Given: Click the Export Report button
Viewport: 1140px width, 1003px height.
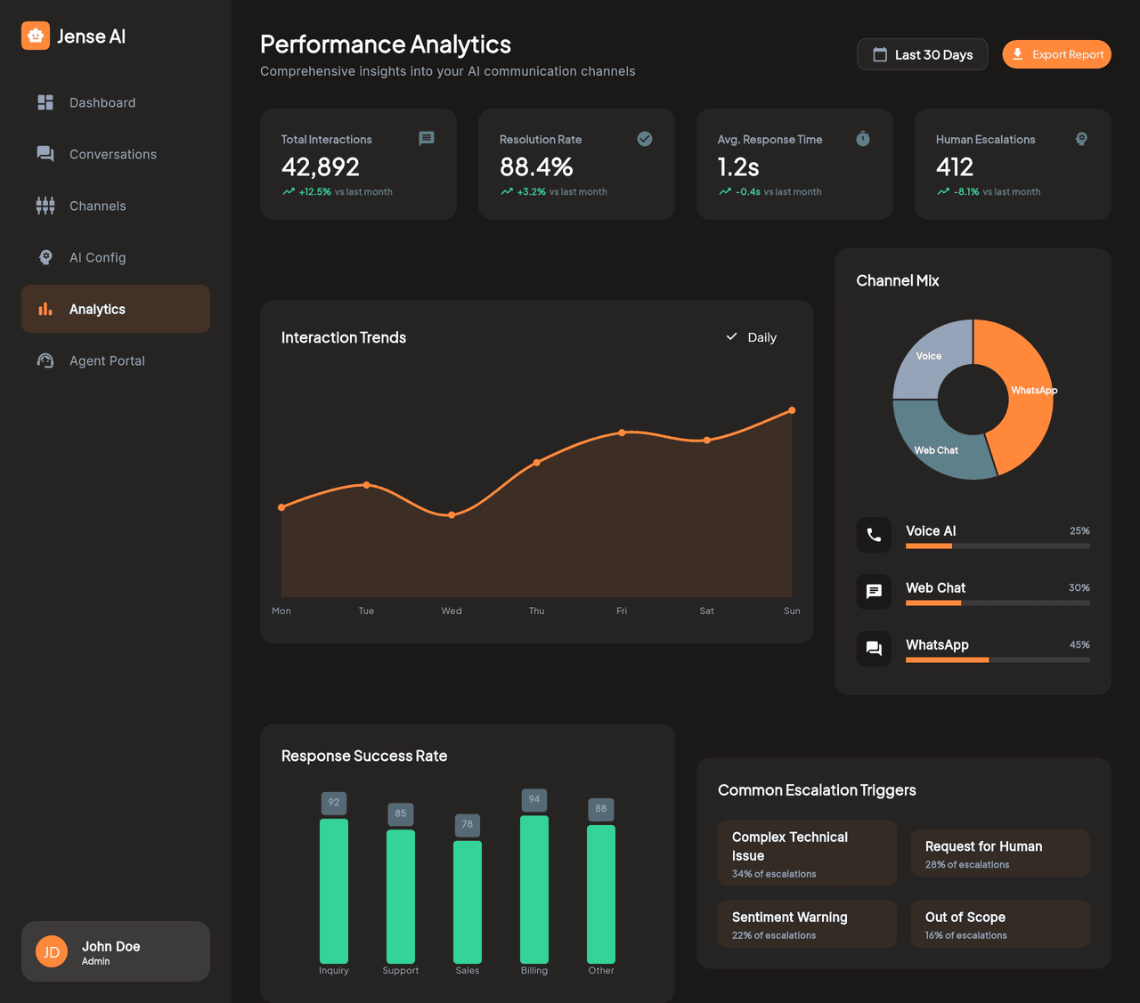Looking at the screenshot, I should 1056,54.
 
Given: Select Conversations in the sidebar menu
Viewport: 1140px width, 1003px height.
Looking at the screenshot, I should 113,154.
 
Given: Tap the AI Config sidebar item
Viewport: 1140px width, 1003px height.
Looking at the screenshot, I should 98,257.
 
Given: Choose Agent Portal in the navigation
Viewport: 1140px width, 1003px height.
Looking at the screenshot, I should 107,360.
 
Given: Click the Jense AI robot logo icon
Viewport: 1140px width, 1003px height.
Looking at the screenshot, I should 36,36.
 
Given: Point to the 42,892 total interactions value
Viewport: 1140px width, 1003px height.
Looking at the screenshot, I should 321,166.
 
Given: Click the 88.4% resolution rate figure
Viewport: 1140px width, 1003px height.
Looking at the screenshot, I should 536,166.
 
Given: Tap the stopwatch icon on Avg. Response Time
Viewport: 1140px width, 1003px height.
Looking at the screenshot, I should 862,139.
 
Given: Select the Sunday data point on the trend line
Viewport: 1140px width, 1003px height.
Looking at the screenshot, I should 792,410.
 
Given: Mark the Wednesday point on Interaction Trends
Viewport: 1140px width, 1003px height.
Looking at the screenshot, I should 452,514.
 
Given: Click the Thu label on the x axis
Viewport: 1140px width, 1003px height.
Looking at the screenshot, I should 536,611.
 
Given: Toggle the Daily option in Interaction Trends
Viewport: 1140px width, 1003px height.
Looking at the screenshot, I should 752,337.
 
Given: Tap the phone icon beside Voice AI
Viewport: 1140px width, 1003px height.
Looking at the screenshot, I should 874,535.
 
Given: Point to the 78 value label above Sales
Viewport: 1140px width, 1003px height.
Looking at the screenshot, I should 468,824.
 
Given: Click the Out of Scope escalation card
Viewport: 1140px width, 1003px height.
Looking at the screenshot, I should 1000,924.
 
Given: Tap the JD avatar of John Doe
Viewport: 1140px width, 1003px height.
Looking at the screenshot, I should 52,951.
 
